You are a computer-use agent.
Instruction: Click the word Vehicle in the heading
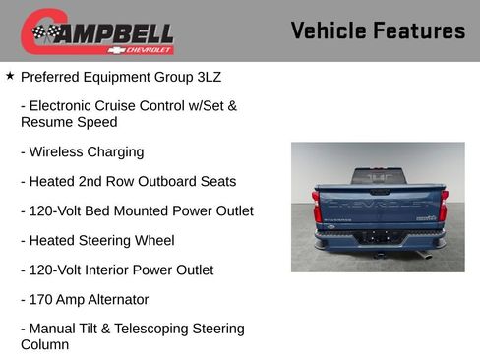(329, 30)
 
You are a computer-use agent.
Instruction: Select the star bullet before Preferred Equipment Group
(10, 75)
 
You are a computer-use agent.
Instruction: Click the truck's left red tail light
(317, 208)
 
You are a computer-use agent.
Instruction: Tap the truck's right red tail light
(444, 208)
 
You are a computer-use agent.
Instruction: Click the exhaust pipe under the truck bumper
(424, 254)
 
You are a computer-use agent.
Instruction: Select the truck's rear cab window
(380, 176)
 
